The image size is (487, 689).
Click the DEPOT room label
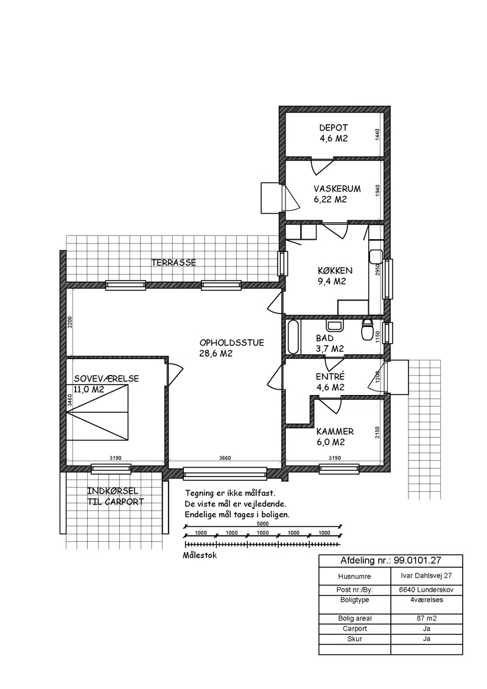coord(334,128)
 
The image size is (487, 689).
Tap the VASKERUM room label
coord(337,189)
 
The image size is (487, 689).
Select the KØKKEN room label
coord(335,271)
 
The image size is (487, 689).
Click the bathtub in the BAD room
coord(293,337)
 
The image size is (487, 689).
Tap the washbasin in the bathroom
coord(334,326)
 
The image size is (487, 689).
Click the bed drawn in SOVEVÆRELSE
coord(97,413)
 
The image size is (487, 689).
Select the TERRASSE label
coord(173,263)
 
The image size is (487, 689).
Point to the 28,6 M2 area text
coord(216,354)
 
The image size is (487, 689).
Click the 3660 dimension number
coord(225,458)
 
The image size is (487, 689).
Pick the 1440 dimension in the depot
coord(377,135)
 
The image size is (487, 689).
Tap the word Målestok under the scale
coord(200,556)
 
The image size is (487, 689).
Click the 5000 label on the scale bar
coord(263,524)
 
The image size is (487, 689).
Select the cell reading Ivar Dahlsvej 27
coord(426,576)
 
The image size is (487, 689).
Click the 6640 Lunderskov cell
coord(426,590)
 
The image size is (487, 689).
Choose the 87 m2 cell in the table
coord(426,618)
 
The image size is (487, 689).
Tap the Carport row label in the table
coord(355,629)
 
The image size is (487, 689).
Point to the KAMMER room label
coord(335,432)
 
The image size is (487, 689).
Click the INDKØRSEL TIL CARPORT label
coord(115,497)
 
